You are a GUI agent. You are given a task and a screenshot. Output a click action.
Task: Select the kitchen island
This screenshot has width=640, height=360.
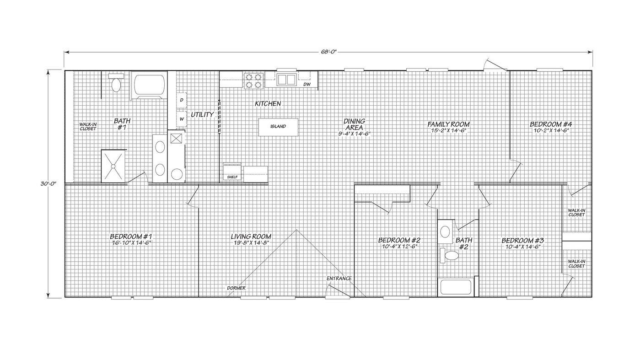pyautogui.click(x=278, y=127)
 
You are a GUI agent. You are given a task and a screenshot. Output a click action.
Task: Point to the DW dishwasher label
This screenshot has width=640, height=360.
pyautogui.click(x=307, y=84)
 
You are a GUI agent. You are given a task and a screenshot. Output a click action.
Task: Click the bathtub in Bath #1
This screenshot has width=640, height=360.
pyautogui.click(x=149, y=85)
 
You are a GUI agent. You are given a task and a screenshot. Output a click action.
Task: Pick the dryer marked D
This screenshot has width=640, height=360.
pyautogui.click(x=182, y=100)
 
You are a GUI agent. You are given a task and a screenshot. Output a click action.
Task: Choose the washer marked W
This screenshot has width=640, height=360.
pyautogui.click(x=182, y=118)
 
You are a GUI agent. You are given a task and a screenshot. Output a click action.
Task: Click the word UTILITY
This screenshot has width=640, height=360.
pyautogui.click(x=202, y=114)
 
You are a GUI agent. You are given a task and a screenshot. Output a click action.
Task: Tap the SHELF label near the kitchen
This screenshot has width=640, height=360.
pyautogui.click(x=232, y=177)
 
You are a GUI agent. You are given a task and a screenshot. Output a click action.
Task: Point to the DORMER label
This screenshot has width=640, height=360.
pyautogui.click(x=237, y=288)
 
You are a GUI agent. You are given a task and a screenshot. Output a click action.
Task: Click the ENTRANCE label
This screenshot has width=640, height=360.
pyautogui.click(x=339, y=278)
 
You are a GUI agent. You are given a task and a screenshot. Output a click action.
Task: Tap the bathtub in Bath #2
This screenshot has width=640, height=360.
pyautogui.click(x=456, y=287)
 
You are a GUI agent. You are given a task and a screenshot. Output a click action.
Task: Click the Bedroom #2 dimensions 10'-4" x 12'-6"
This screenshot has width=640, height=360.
pyautogui.click(x=399, y=247)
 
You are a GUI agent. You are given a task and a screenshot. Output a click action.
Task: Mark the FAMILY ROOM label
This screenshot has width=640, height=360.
pyautogui.click(x=449, y=124)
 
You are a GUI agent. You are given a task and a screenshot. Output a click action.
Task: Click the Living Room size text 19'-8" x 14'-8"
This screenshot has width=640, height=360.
pyautogui.click(x=251, y=243)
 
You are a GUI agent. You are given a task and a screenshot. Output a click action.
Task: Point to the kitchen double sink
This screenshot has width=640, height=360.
pyautogui.click(x=286, y=79)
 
